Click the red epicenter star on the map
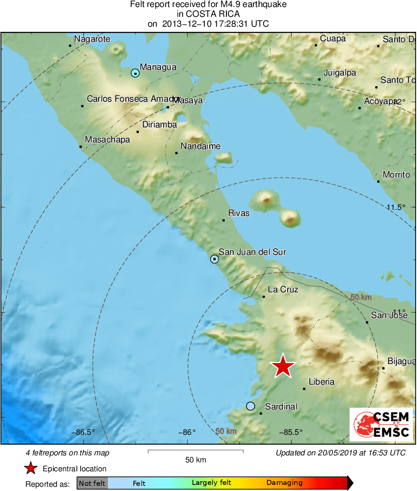pos(283,366)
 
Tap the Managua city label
pos(158,67)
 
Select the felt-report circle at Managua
pos(135,73)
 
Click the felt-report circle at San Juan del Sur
pos(214,259)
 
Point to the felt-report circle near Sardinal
pos(250,406)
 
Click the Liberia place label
pos(321,382)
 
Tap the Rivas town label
pos(239,213)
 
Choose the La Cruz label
pos(283,290)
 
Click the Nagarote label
pos(92,39)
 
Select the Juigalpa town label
pos(340,73)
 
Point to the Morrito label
pos(396,175)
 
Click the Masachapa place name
pos(107,140)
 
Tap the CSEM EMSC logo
pos(381,424)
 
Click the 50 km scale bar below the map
pos(196,451)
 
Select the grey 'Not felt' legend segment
pos(92,483)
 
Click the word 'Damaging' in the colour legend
pos(284,483)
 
